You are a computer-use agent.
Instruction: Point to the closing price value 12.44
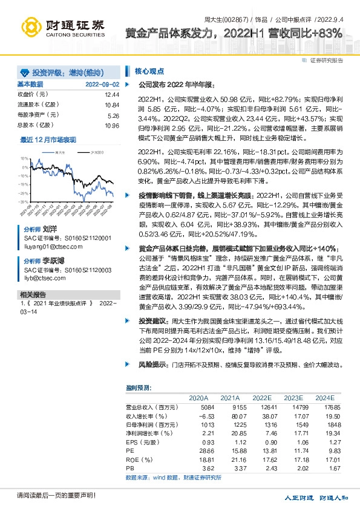(112, 95)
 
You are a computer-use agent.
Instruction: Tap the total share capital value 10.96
(112, 125)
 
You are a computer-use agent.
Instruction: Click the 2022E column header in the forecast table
(261, 398)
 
